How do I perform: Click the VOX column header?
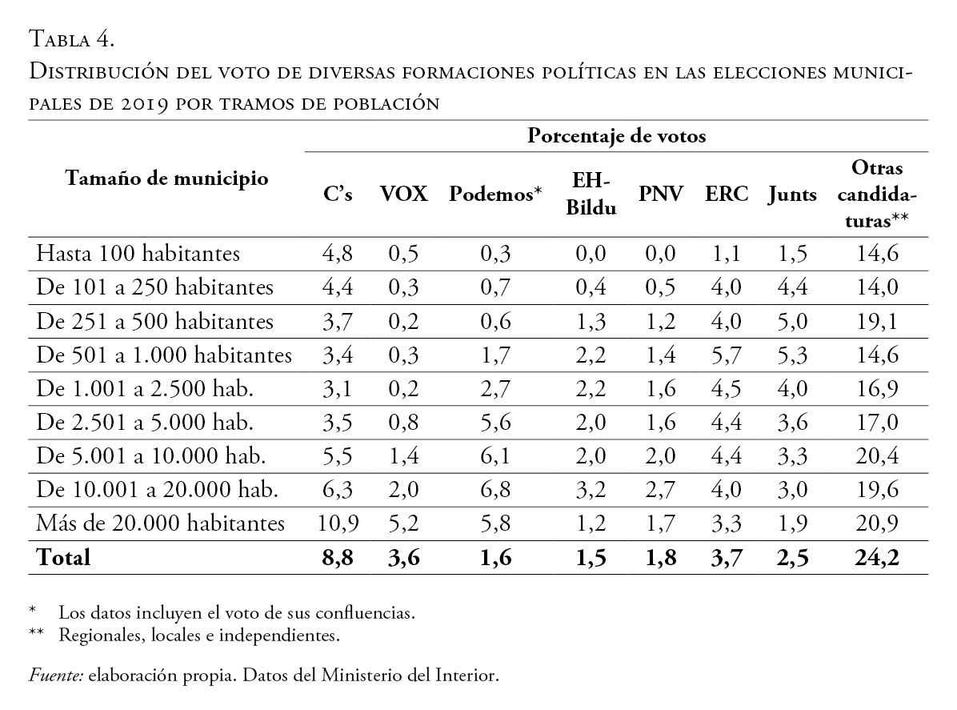click(x=405, y=195)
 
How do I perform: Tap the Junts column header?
click(x=790, y=195)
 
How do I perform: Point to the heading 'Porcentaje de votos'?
click(x=616, y=136)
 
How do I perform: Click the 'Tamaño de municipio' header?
click(x=167, y=178)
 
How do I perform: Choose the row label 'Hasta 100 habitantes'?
click(x=138, y=255)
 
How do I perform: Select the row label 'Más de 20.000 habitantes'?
click(x=161, y=523)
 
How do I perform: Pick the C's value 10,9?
click(x=338, y=523)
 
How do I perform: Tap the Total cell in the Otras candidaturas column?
click(x=877, y=557)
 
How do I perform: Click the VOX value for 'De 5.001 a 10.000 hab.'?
click(x=405, y=456)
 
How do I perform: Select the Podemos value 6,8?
click(x=496, y=490)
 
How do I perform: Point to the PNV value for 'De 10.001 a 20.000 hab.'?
click(x=660, y=490)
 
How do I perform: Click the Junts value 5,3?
click(x=790, y=355)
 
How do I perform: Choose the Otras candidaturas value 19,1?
click(x=877, y=322)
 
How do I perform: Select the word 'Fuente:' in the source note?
click(x=56, y=676)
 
